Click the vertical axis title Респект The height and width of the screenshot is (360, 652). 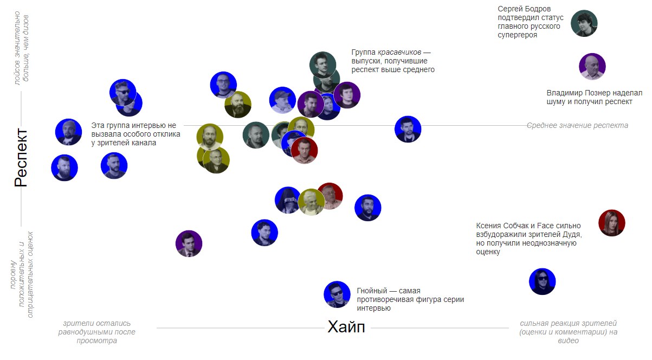pos(21,157)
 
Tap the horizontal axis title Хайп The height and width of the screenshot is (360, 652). pos(346,326)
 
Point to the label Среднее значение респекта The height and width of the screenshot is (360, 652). pos(577,125)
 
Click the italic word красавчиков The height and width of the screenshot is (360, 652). pos(399,53)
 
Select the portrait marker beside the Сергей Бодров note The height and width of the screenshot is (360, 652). pos(584,23)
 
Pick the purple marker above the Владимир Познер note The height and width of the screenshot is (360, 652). pos(592,66)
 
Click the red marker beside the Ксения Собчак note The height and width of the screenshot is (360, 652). pos(611,223)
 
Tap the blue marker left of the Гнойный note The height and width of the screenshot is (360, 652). pos(337,294)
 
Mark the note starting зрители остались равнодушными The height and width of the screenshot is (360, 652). pos(96,332)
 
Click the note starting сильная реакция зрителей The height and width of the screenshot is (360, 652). pos(568,332)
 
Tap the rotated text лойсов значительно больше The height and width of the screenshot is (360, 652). pos(22,48)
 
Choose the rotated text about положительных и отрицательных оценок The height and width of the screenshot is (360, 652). pos(22,274)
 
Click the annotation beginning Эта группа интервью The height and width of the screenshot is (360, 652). pos(135,134)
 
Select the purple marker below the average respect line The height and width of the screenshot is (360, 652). pos(189,243)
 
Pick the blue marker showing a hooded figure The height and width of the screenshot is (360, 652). pos(288,200)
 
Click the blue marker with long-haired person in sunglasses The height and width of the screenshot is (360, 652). pos(543,281)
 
